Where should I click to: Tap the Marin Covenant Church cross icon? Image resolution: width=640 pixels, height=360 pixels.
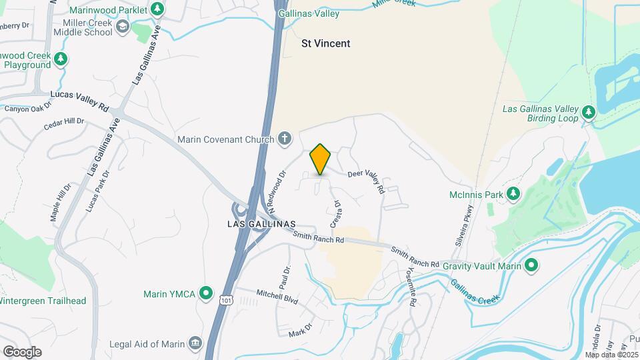click(x=285, y=139)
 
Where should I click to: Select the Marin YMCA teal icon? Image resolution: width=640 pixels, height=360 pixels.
click(x=206, y=293)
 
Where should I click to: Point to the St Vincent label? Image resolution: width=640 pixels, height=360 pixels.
click(x=326, y=43)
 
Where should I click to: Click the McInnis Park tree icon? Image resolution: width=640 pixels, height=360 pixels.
click(x=513, y=193)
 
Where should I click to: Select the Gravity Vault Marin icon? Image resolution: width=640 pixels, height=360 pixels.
click(x=531, y=266)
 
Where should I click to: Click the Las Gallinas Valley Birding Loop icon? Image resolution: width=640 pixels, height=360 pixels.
click(x=587, y=112)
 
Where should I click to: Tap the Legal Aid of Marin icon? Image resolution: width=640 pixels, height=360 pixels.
click(x=195, y=343)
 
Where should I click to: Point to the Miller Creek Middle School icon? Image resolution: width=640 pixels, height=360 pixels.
click(x=122, y=26)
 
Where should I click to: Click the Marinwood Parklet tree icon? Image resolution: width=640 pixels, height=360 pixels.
click(x=157, y=9)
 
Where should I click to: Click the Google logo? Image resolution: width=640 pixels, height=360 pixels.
click(x=21, y=351)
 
